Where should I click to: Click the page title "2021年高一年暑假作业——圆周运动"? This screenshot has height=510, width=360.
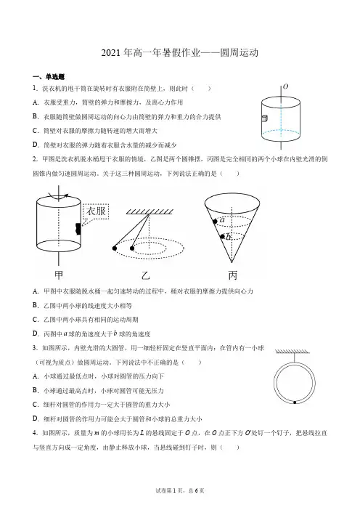pos(180,53)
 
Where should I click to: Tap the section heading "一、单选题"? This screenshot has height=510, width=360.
pos(49,77)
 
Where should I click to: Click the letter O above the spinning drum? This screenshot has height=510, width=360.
pos(285,86)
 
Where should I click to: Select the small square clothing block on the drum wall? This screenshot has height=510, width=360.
pos(264,118)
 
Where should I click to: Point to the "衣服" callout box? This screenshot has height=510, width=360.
pos(96,211)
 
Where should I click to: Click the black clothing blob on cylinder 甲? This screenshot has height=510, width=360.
pos(78,229)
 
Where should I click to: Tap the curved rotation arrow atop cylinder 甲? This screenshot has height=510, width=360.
pos(59,196)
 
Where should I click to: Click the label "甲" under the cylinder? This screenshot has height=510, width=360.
pos(59,275)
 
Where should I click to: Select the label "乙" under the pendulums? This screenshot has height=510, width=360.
pos(145,276)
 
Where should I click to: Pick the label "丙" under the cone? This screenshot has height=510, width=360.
pos(233,275)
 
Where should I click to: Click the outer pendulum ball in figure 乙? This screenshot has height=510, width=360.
pos(115,248)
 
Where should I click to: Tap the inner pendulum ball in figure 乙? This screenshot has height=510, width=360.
pos(132,248)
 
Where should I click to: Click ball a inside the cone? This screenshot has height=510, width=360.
pos(215,222)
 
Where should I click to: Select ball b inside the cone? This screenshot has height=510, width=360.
pos(222,236)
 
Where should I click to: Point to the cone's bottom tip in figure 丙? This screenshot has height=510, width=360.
pos(232,262)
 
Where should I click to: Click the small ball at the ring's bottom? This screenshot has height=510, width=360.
pos(295,402)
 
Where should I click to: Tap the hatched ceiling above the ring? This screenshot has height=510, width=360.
pos(292,352)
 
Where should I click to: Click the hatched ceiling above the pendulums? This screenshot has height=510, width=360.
pos(150,211)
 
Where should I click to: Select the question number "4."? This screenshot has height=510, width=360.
pos(36,433)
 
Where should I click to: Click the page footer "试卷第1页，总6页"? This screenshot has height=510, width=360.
pos(180,490)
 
